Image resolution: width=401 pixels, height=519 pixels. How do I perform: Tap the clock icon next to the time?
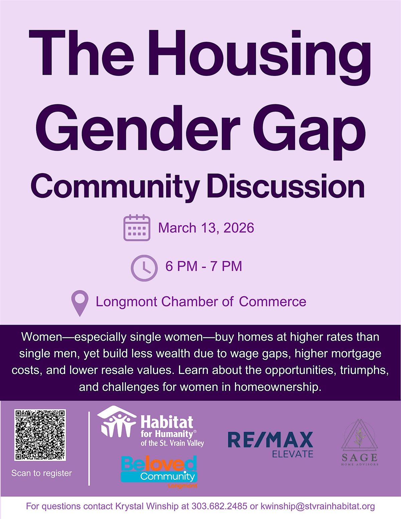pyautogui.click(x=144, y=268)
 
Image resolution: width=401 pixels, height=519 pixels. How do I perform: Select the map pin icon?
pyautogui.click(x=80, y=303)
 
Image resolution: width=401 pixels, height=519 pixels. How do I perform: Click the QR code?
pyautogui.click(x=40, y=435)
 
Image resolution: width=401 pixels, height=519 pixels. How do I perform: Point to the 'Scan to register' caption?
pyautogui.click(x=41, y=473)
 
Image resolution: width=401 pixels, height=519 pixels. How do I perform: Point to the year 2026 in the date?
pyautogui.click(x=239, y=228)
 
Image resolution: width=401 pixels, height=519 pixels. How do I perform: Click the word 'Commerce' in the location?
pyautogui.click(x=272, y=301)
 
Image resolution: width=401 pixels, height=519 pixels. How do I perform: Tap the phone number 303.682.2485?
pyautogui.click(x=219, y=506)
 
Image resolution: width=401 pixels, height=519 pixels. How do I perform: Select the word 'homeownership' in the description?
pyautogui.click(x=277, y=387)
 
